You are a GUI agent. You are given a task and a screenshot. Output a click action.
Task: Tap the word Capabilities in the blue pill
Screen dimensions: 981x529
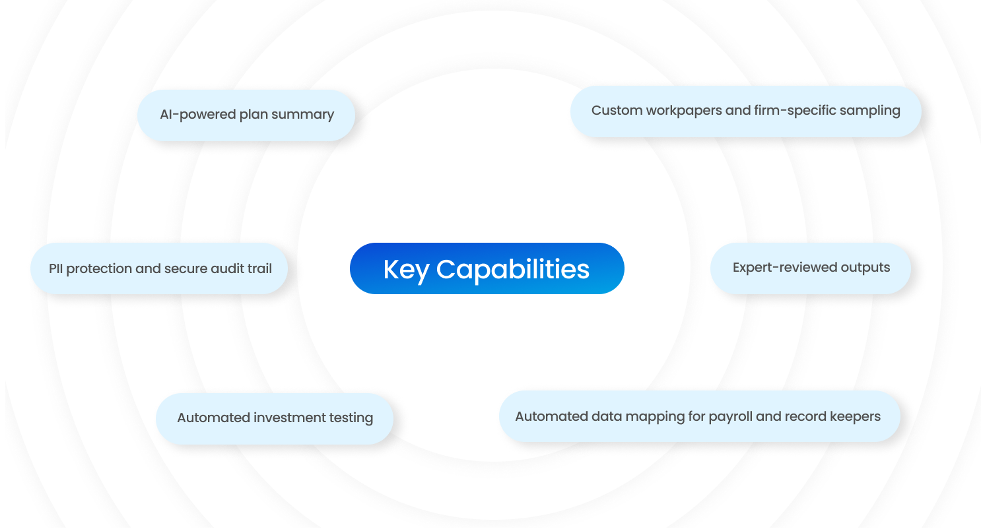point(513,270)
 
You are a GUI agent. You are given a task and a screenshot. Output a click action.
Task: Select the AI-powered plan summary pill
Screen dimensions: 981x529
point(246,115)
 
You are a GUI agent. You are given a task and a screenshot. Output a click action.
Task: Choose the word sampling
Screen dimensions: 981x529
point(871,111)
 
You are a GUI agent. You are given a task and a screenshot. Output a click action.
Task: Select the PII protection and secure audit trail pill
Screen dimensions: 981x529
point(159,268)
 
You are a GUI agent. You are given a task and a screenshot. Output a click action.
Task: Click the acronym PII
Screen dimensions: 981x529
point(55,268)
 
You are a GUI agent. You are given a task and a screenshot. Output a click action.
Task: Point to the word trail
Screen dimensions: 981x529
point(259,268)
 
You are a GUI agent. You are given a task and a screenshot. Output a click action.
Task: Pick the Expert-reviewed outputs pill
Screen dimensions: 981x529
point(810,268)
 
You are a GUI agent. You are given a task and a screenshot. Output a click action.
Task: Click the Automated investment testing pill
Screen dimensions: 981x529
point(275,419)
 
